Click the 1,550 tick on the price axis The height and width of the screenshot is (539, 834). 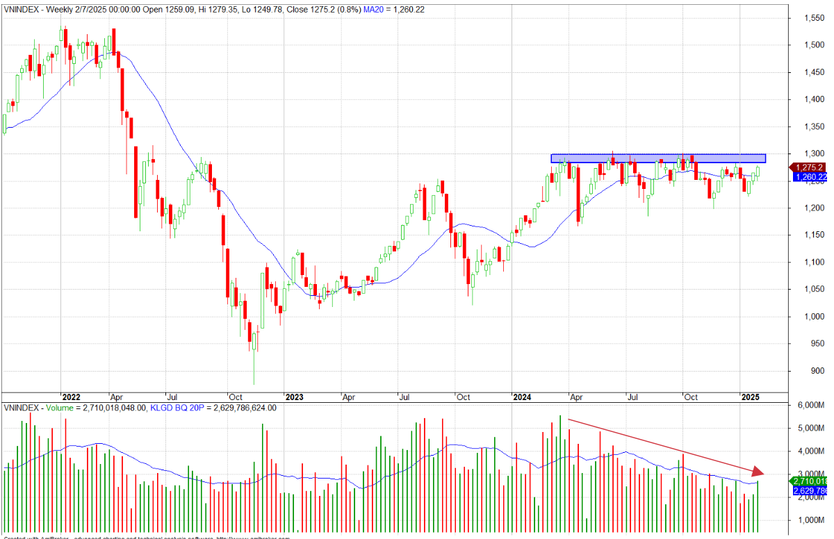(x=809, y=18)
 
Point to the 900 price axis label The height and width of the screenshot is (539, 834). (x=807, y=371)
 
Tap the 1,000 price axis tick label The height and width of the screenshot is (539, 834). (x=809, y=317)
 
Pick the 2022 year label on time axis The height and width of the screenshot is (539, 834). (x=71, y=397)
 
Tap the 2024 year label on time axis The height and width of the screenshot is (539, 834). (x=522, y=397)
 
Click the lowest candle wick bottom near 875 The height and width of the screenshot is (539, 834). (x=254, y=384)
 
